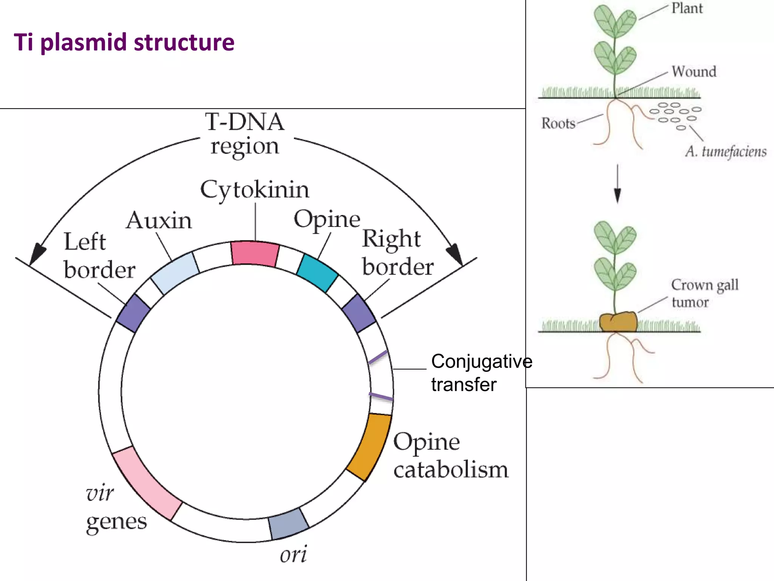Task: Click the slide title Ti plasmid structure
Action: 124,42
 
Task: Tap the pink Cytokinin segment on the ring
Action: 255,253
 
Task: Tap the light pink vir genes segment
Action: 147,484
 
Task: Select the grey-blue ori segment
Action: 288,524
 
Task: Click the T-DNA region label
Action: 245,134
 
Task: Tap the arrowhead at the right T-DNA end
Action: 455,253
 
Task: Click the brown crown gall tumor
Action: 618,322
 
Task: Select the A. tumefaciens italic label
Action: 726,152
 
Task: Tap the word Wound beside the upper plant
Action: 694,71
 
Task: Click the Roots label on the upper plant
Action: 558,123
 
